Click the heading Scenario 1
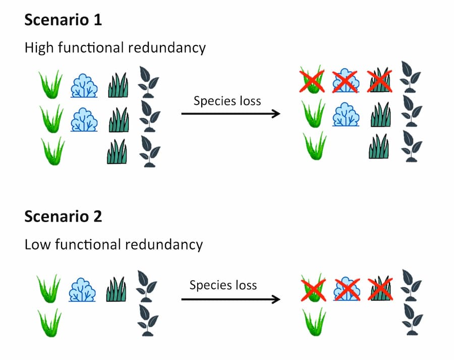63,20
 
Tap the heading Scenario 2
63,216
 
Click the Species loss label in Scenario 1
227,100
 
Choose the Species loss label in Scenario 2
223,285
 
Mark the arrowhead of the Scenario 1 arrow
276,114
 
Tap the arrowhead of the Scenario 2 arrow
276,299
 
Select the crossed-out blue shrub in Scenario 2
347,288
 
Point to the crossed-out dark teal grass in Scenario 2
380,288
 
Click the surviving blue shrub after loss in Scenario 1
346,114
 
